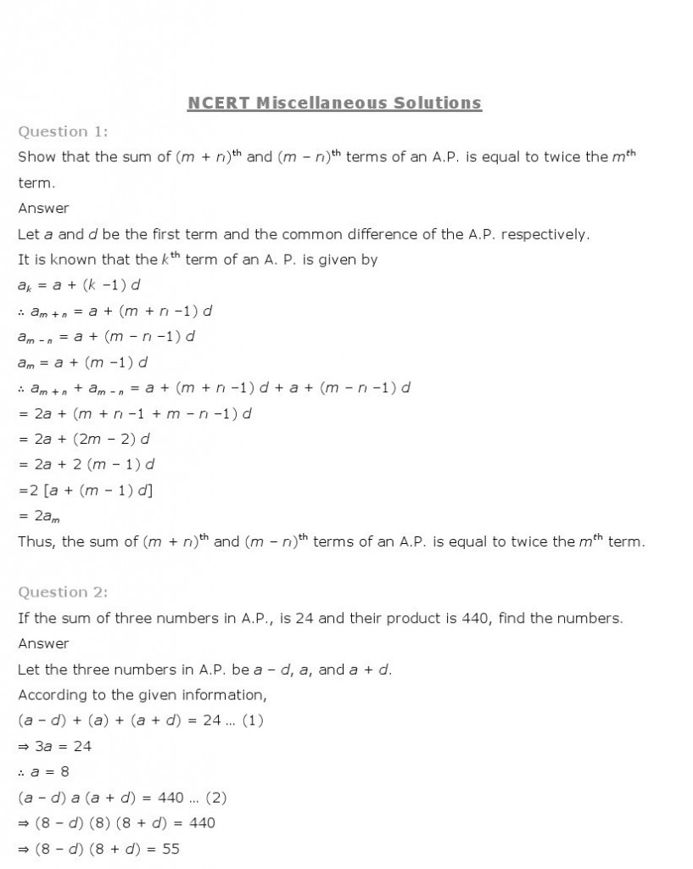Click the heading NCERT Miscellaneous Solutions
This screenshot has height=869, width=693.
coord(334,104)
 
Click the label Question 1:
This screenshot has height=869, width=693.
coord(63,132)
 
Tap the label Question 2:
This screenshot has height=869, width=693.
coord(63,592)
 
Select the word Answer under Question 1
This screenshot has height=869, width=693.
coord(43,208)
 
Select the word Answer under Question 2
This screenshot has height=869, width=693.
coord(43,643)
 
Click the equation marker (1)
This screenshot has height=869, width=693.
coord(252,720)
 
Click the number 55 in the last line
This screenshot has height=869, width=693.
coord(170,848)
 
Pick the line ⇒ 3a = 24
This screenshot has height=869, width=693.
coord(55,746)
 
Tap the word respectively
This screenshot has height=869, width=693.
coord(544,234)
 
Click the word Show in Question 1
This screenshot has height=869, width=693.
coord(36,157)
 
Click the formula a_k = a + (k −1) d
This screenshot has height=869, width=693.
coord(79,285)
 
